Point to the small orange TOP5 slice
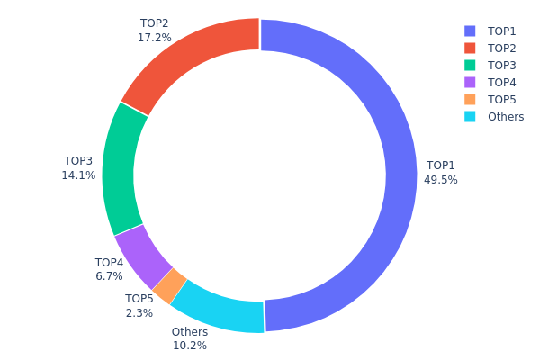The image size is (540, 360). point(170,285)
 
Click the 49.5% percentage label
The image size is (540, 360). point(441,180)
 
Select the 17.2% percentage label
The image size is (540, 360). point(155,39)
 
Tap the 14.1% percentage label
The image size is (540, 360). point(78,175)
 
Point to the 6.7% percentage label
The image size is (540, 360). point(109,276)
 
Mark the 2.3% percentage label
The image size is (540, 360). point(139,313)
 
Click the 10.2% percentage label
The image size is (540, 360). point(189,346)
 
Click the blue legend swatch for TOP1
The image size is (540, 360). point(470,31)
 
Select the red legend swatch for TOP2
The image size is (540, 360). point(470,48)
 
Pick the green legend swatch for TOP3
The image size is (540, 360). point(470,65)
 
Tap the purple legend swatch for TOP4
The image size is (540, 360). point(470,82)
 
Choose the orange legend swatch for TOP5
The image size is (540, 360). point(470,99)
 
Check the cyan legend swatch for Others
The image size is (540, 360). point(470,116)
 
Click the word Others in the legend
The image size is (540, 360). point(506,117)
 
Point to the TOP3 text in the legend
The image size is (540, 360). point(502,66)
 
